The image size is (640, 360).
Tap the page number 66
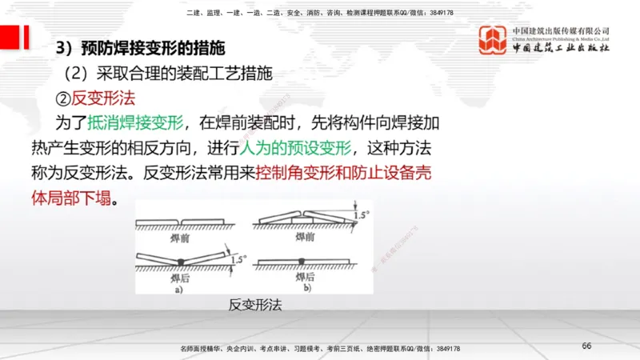tap(586, 346)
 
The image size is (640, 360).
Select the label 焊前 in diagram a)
tap(180, 238)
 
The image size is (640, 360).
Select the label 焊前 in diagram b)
tap(304, 238)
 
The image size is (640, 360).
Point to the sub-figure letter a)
tap(179, 290)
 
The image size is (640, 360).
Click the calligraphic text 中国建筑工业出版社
tap(561, 48)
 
